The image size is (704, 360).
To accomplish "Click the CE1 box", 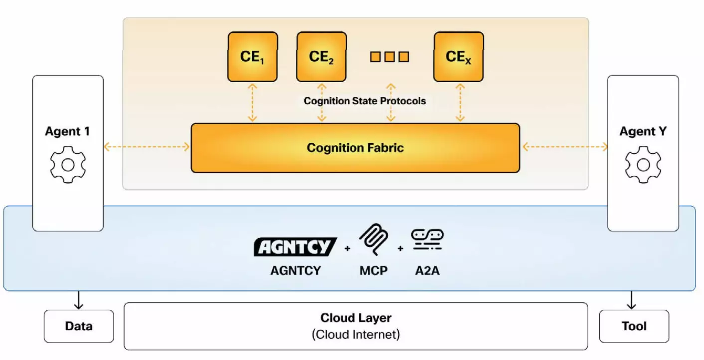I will tap(252, 57).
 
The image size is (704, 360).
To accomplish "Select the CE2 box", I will tap(321, 57).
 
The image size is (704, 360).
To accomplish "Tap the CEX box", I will tap(458, 57).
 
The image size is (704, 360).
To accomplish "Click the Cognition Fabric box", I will tap(355, 148).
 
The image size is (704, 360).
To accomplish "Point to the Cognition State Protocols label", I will tap(365, 101).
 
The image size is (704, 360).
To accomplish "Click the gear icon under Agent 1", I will tap(68, 165).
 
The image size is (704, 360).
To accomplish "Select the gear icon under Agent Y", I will tap(643, 165).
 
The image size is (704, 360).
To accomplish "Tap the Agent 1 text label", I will tap(68, 131).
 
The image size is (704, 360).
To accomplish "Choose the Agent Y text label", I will tap(643, 132).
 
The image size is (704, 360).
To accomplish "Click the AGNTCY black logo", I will tap(295, 247).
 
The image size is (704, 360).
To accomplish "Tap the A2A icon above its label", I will tap(427, 240).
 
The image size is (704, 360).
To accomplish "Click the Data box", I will tap(79, 326).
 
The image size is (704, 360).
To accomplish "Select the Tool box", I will tap(634, 326).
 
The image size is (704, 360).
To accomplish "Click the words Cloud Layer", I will tap(356, 318).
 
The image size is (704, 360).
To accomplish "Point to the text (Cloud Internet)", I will tap(356, 334).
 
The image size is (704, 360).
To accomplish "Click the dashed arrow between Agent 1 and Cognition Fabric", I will tap(147, 147).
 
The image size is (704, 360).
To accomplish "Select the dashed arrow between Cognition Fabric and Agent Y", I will tap(564, 147).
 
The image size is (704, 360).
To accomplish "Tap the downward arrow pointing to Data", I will tap(79, 301).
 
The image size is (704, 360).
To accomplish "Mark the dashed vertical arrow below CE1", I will tap(252, 103).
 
